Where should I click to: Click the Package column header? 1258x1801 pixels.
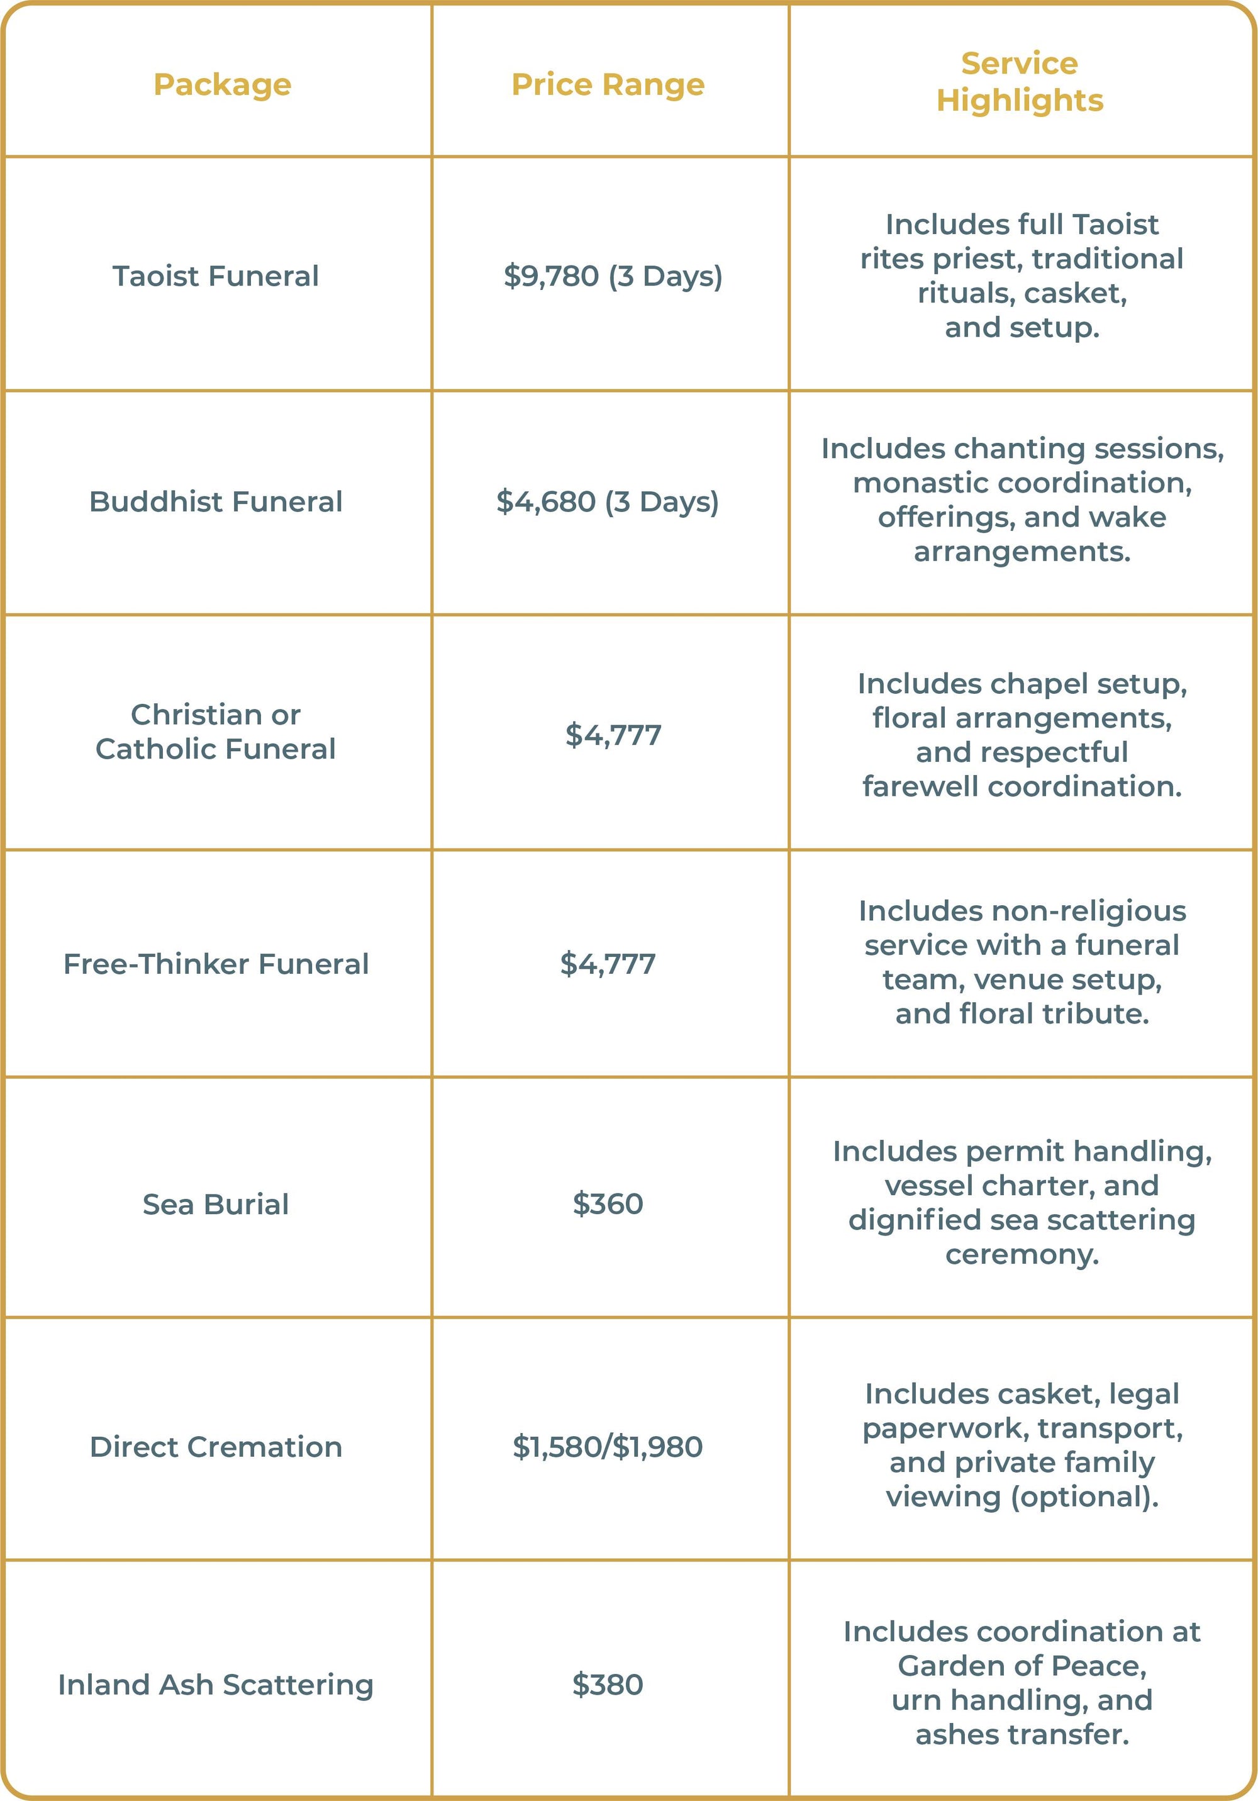click(x=222, y=85)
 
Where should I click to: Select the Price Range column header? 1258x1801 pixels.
click(x=608, y=85)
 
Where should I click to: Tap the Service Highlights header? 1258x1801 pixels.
click(x=1020, y=82)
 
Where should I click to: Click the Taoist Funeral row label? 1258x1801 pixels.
click(x=216, y=276)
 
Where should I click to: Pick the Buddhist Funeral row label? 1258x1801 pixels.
click(x=216, y=502)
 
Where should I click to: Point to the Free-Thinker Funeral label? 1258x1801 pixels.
click(x=216, y=964)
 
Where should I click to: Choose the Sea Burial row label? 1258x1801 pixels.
click(x=216, y=1204)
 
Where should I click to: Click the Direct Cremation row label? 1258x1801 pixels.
click(x=216, y=1446)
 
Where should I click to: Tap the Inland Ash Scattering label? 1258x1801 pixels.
click(x=216, y=1684)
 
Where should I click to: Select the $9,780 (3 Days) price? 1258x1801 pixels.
click(x=613, y=276)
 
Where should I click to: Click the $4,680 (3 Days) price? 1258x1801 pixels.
click(x=608, y=502)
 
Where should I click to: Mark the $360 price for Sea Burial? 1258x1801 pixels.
click(x=608, y=1204)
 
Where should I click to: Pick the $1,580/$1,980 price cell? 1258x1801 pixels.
click(x=608, y=1446)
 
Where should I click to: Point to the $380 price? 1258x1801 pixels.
click(x=608, y=1684)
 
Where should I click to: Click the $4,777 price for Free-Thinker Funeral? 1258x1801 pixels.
click(x=608, y=964)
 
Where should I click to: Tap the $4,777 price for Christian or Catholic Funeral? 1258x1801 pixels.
click(x=613, y=735)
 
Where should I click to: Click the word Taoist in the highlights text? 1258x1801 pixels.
click(x=1115, y=225)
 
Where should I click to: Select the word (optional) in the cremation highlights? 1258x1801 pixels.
click(x=1084, y=1497)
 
